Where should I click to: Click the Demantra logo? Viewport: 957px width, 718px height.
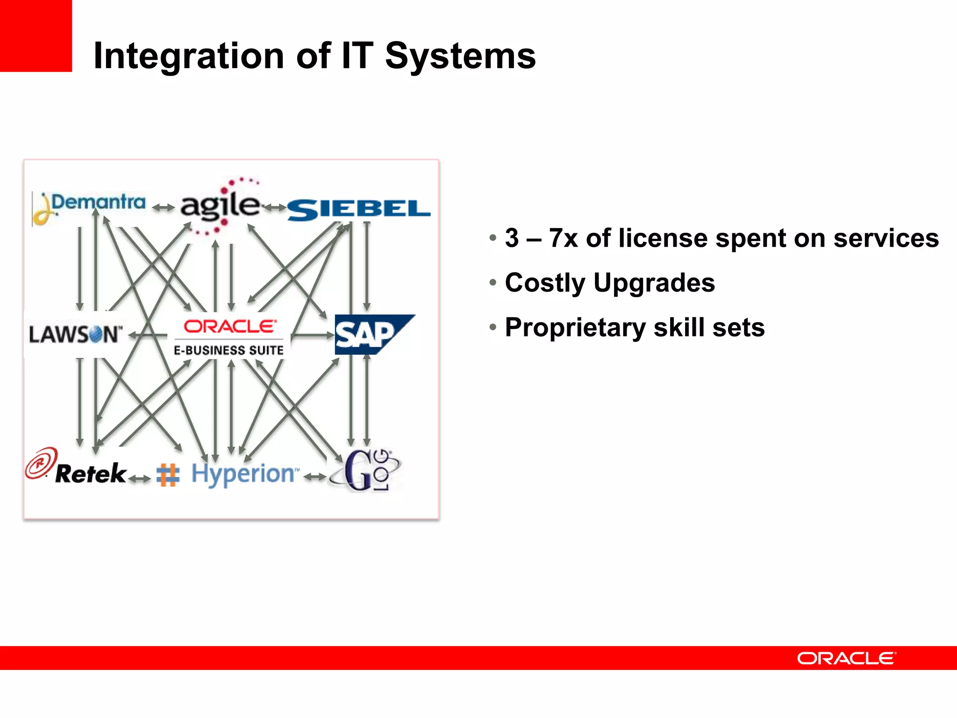pos(89,206)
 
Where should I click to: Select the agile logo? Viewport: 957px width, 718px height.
pos(220,206)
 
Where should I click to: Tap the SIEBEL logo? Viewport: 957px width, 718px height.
pos(359,209)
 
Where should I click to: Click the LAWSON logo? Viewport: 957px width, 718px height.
pos(75,334)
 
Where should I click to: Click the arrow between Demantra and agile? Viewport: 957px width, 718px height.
pos(163,207)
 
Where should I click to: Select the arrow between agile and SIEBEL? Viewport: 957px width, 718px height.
pos(274,207)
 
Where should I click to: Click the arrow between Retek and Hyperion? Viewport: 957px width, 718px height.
pos(139,478)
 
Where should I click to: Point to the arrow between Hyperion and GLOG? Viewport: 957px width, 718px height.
pos(314,477)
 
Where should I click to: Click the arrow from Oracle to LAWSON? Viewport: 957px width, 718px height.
pos(148,335)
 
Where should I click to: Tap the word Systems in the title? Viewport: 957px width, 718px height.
pos(460,56)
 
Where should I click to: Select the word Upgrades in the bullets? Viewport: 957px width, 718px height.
pos(654,283)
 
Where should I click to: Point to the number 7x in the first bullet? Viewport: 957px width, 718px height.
pos(563,238)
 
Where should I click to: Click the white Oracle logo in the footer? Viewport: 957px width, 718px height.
pos(846,658)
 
